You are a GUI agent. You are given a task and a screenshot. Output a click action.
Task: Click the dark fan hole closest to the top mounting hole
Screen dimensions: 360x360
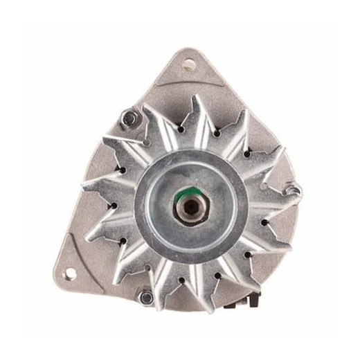coord(181,129)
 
